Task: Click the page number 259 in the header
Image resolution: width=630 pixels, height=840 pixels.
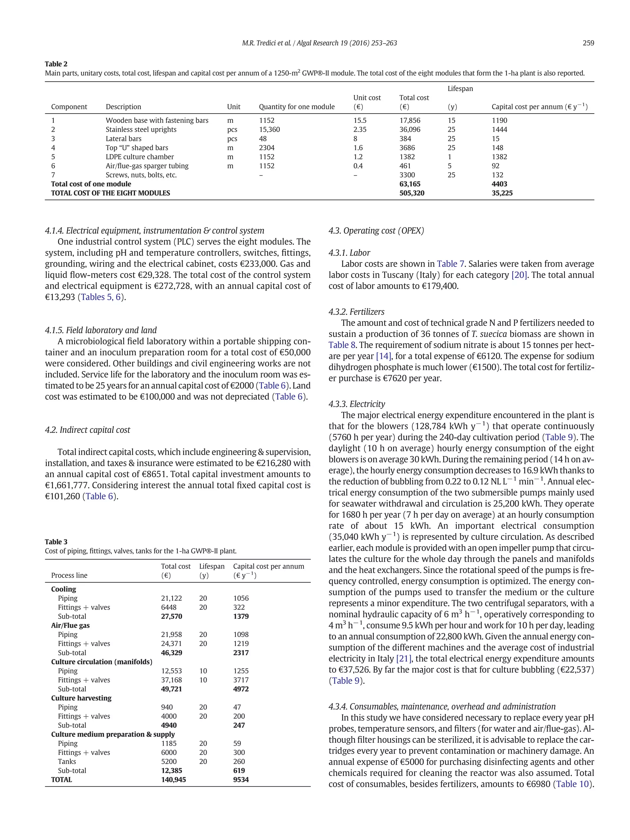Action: click(588, 43)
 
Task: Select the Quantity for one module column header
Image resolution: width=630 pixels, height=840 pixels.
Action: click(297, 107)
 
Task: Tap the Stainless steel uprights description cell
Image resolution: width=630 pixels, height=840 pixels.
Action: click(141, 129)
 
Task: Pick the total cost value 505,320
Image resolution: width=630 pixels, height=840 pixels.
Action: click(412, 193)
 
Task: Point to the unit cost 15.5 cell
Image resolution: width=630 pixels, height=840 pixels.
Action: click(360, 120)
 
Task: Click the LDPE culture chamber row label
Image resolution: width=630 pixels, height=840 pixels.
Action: click(139, 157)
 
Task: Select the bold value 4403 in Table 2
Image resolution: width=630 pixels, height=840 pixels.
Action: click(499, 184)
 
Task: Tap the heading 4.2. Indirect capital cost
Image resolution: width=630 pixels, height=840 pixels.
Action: click(87, 430)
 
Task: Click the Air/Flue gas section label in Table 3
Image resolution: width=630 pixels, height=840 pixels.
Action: click(70, 625)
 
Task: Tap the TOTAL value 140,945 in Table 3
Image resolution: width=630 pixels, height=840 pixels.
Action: click(173, 780)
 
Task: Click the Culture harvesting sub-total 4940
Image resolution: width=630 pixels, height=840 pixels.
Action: click(169, 725)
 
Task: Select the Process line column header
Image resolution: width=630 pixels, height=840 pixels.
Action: click(69, 575)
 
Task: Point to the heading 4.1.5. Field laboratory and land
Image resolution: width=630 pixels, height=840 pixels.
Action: click(101, 330)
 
